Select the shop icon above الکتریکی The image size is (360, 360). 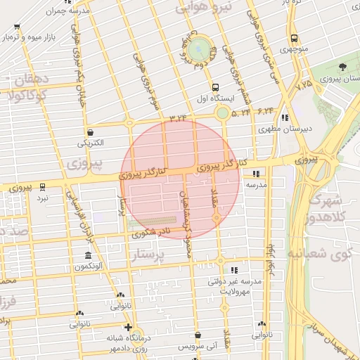click(90, 131)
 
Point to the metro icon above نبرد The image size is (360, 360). click(43, 187)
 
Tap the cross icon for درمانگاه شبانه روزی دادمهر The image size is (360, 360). click(127, 326)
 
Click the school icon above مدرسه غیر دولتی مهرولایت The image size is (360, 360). click(234, 270)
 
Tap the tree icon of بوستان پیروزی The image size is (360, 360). click(342, 67)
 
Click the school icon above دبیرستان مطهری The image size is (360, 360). click(284, 117)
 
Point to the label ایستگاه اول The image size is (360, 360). click(209, 100)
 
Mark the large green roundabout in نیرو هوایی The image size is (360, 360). click(199, 49)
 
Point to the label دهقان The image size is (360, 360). click(29, 79)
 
